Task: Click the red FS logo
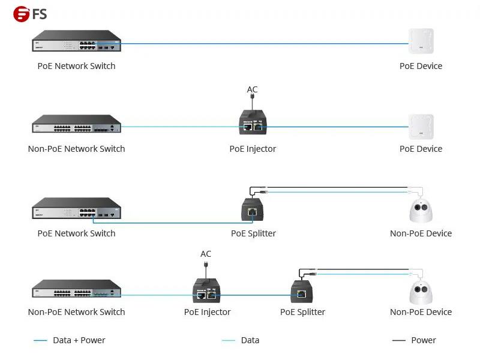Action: click(22, 14)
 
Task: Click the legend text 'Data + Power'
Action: click(79, 340)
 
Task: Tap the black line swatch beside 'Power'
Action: click(398, 340)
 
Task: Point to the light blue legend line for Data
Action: click(229, 340)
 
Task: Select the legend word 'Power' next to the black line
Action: click(424, 340)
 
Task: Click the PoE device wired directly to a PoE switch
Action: click(421, 41)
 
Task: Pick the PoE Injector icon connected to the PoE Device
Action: click(253, 122)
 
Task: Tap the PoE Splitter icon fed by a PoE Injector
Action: click(302, 291)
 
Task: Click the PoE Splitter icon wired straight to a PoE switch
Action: click(252, 209)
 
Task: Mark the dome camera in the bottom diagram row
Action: click(421, 292)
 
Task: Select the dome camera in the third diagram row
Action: click(421, 211)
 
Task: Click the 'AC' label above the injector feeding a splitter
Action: click(206, 254)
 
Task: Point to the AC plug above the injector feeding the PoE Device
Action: click(252, 97)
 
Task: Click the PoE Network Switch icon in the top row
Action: click(77, 40)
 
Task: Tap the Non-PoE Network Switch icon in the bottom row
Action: click(77, 288)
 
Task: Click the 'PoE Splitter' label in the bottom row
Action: click(302, 312)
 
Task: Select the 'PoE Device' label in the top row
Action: click(421, 66)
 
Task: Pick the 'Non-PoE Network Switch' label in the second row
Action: click(77, 149)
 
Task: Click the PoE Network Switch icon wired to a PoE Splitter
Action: click(77, 208)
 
